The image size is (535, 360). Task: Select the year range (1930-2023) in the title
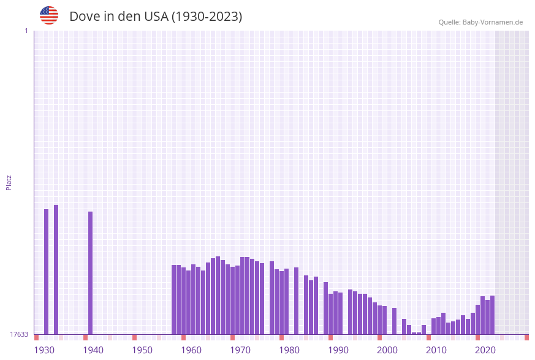pyautogui.click(x=207, y=17)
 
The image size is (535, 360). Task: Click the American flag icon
pyautogui.click(x=49, y=15)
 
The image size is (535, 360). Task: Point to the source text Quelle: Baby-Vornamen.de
pyautogui.click(x=480, y=22)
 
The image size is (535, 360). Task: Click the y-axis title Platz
pyautogui.click(x=9, y=182)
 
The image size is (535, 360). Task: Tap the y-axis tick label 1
pyautogui.click(x=26, y=31)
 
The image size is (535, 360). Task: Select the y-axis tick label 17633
pyautogui.click(x=19, y=334)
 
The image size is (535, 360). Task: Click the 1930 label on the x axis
pyautogui.click(x=44, y=350)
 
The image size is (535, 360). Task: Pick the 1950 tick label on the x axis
pyautogui.click(x=142, y=350)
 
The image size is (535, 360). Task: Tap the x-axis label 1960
pyautogui.click(x=191, y=350)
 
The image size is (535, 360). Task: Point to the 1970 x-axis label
pyautogui.click(x=240, y=350)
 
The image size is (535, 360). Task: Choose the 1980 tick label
pyautogui.click(x=289, y=350)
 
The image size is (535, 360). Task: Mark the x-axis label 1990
pyautogui.click(x=338, y=350)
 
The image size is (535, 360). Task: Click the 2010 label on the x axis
pyautogui.click(x=436, y=350)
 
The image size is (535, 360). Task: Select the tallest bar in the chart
pyautogui.click(x=56, y=270)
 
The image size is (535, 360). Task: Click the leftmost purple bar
pyautogui.click(x=46, y=272)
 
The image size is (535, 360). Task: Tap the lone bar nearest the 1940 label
pyautogui.click(x=90, y=273)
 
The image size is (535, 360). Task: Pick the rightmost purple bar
pyautogui.click(x=492, y=315)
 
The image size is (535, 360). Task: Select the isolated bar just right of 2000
pyautogui.click(x=394, y=321)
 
